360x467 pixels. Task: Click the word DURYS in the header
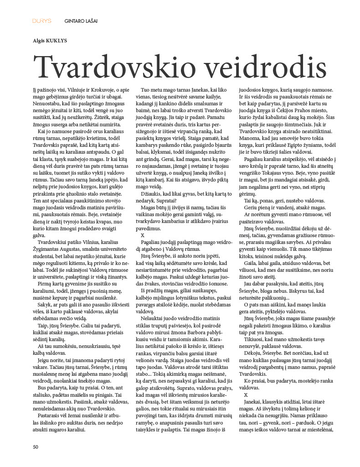click(x=41, y=21)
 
